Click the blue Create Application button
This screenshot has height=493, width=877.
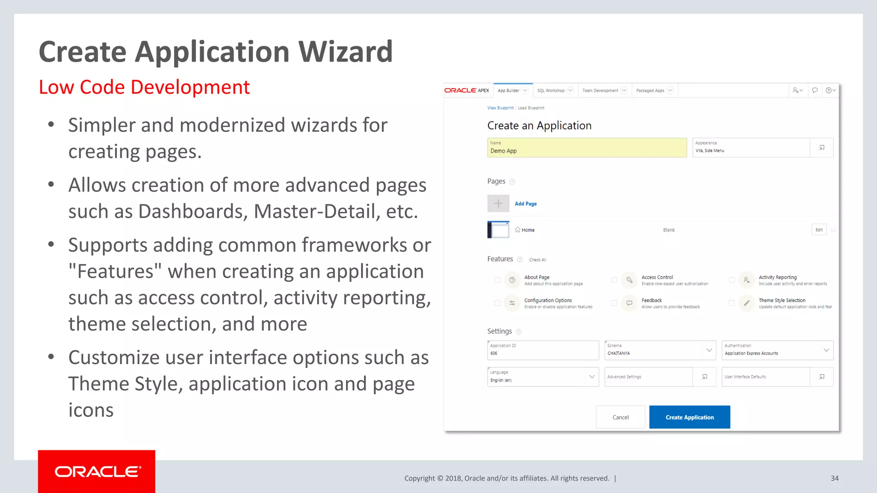pos(689,417)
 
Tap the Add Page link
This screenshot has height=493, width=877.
pos(525,204)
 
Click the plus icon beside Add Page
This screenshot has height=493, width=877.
pos(498,204)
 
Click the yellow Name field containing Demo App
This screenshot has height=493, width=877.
pos(587,148)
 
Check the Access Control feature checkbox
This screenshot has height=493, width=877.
pos(614,280)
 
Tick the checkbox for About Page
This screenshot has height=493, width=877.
pos(497,280)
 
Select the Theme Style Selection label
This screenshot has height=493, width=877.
pos(782,300)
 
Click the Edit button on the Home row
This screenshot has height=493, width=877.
pos(819,230)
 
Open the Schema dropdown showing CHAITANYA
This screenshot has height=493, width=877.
pos(660,350)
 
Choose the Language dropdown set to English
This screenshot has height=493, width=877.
pos(543,377)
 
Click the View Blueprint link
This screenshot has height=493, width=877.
pos(500,108)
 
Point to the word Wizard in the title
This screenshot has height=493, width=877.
pos(345,52)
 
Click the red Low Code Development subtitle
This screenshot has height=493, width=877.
pos(144,87)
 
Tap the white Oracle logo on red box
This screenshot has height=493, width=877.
pos(97,472)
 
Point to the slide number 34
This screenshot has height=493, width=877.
pos(835,478)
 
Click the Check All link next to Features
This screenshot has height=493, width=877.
pos(537,260)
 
